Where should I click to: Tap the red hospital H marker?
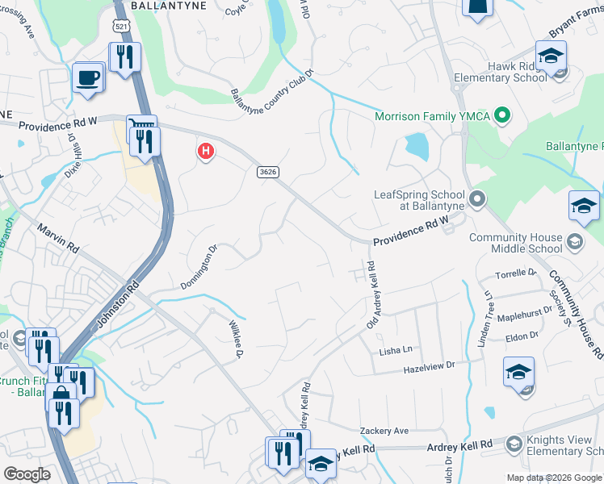click(206, 151)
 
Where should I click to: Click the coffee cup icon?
click(88, 78)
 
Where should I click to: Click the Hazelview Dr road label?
click(430, 367)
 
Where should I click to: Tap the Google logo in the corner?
click(27, 474)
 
